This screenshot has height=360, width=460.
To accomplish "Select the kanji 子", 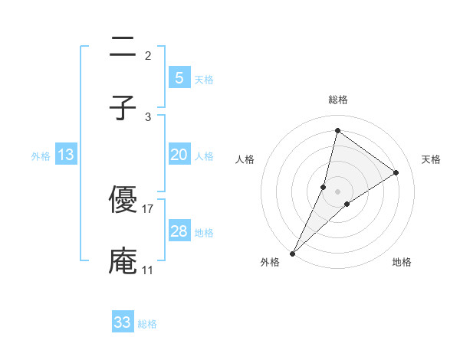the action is coord(123,107).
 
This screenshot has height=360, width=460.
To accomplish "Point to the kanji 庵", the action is coord(123,260).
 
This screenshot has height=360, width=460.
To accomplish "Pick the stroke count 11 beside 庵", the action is coord(148,270).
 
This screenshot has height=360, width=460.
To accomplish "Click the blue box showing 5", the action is coord(179,77).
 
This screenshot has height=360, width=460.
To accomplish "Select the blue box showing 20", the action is coord(179,155).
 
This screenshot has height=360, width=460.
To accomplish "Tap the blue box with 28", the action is coord(179,231).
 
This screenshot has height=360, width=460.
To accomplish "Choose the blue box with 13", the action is coord(66,155).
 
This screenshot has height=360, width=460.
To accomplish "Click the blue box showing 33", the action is coord(123,322).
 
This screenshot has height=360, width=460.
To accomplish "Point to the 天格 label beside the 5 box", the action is coord(204,79).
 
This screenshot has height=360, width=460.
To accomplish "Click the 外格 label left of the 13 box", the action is coord(41,156).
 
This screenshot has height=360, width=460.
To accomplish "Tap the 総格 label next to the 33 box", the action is coord(147,324).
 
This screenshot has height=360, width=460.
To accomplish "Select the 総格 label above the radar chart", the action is coord(338,100).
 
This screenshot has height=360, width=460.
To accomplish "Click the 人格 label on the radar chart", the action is coord(245,159).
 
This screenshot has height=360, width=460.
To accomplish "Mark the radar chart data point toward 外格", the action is coord(293,253).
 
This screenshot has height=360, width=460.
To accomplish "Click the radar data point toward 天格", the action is coord(396,172).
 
